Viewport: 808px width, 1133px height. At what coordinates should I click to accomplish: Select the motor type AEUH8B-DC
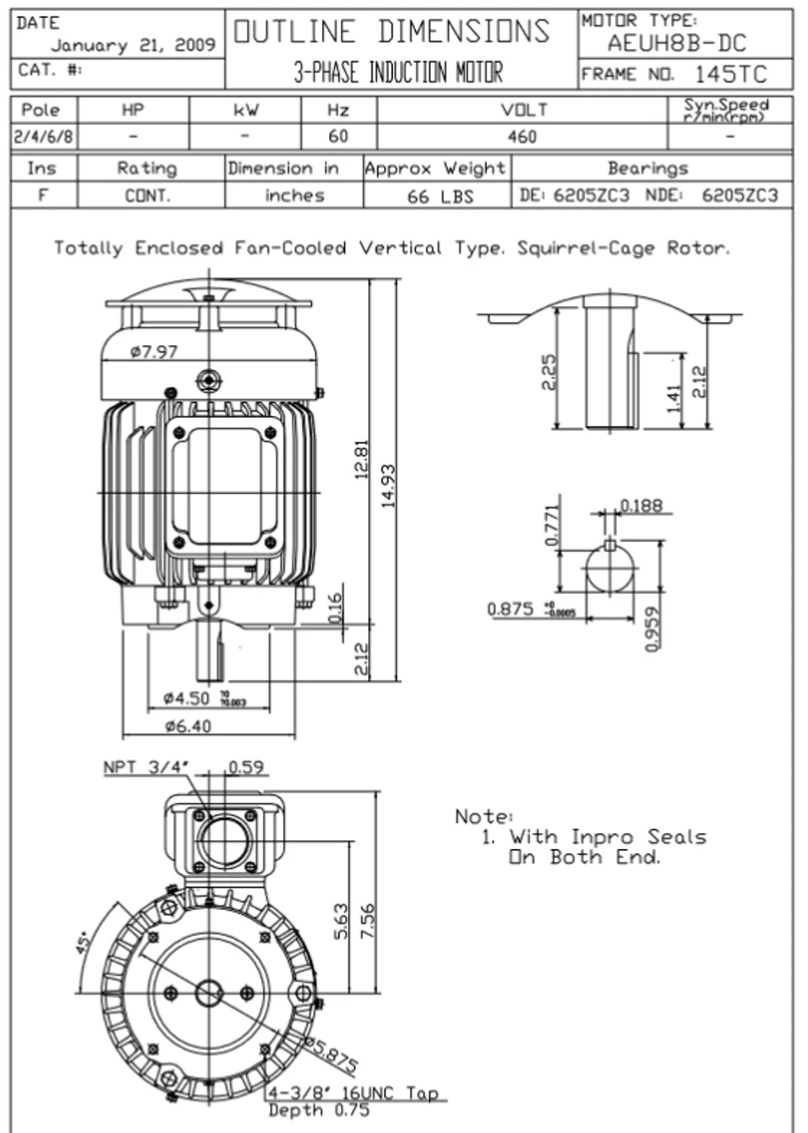(676, 43)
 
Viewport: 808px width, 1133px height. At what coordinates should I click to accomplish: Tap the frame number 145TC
(730, 73)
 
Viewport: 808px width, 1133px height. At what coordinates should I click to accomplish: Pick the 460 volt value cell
(522, 137)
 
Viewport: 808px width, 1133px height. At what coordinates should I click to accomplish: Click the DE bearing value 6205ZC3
(591, 196)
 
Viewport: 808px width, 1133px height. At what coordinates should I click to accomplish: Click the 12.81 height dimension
(362, 460)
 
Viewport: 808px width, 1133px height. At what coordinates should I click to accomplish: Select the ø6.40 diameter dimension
(187, 726)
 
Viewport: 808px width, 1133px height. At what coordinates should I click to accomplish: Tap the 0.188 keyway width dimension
(641, 505)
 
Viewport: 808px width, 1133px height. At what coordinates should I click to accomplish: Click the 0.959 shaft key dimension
(652, 628)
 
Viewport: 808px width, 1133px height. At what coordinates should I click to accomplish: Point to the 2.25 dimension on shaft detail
(549, 372)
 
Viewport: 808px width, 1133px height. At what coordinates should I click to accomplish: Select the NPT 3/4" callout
(147, 767)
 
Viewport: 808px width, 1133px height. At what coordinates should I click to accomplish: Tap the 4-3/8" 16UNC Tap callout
(353, 1094)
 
